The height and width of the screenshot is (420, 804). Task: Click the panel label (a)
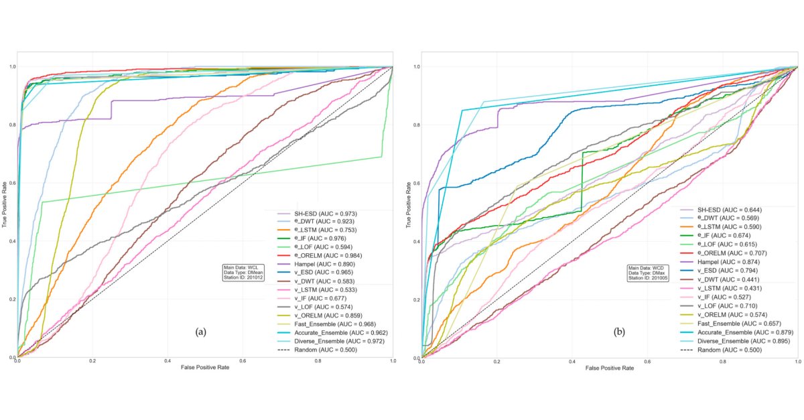point(199,332)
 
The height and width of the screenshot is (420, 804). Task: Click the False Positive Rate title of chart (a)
point(204,368)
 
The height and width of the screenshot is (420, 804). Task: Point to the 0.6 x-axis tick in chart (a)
point(243,361)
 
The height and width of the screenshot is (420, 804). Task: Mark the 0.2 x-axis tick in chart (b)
point(497,361)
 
